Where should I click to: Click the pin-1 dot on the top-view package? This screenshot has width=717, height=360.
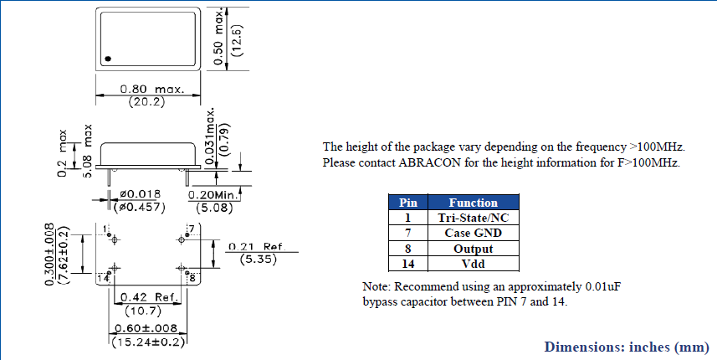[x=108, y=59]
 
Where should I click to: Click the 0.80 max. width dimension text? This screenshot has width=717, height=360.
[x=152, y=90]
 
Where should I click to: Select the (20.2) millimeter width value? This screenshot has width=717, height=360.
[x=146, y=102]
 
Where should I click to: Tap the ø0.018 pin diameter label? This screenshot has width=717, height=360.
[x=140, y=195]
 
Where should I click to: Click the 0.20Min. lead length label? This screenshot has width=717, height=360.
[x=214, y=195]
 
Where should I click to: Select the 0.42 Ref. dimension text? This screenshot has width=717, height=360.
[x=149, y=298]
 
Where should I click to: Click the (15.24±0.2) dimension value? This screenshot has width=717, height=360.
[x=148, y=342]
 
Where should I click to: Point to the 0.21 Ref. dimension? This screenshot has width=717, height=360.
[x=257, y=247]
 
